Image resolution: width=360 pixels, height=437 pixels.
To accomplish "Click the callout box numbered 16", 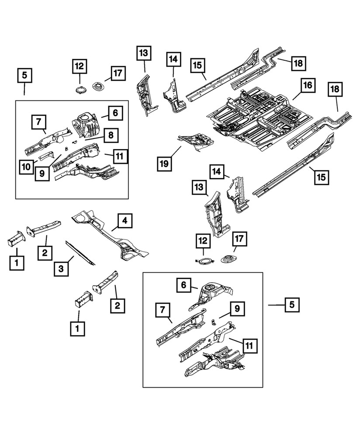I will tap(308, 86).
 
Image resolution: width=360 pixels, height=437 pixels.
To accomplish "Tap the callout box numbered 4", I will tap(125, 222).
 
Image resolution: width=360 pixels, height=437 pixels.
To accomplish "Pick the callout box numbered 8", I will tap(111, 135).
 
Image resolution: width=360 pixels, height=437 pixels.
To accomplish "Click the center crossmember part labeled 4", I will tap(109, 236).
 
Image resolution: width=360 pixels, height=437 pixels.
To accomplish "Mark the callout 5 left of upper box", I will tap(24, 76).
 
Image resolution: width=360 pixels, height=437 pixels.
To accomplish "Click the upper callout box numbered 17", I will tap(118, 73).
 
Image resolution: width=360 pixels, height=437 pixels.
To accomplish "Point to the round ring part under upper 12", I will tap(80, 91).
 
